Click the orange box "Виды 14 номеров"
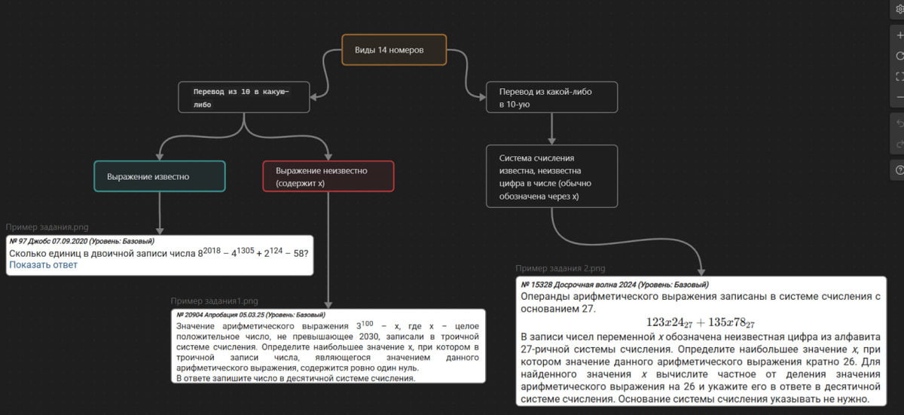[394, 50]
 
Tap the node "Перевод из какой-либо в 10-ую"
[551, 98]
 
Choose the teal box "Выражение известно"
[160, 176]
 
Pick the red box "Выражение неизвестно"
[328, 176]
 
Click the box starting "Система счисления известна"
[551, 176]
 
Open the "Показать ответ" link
[43, 265]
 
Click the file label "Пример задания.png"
[46, 227]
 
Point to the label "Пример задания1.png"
[214, 301]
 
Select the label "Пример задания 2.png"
[560, 269]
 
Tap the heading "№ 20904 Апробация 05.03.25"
[250, 314]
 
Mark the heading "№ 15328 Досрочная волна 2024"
[614, 285]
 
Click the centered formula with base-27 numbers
[701, 322]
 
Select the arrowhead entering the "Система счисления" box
[552, 141]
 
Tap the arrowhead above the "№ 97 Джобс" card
[160, 230]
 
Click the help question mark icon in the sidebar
[899, 171]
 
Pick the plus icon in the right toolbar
[899, 35]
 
